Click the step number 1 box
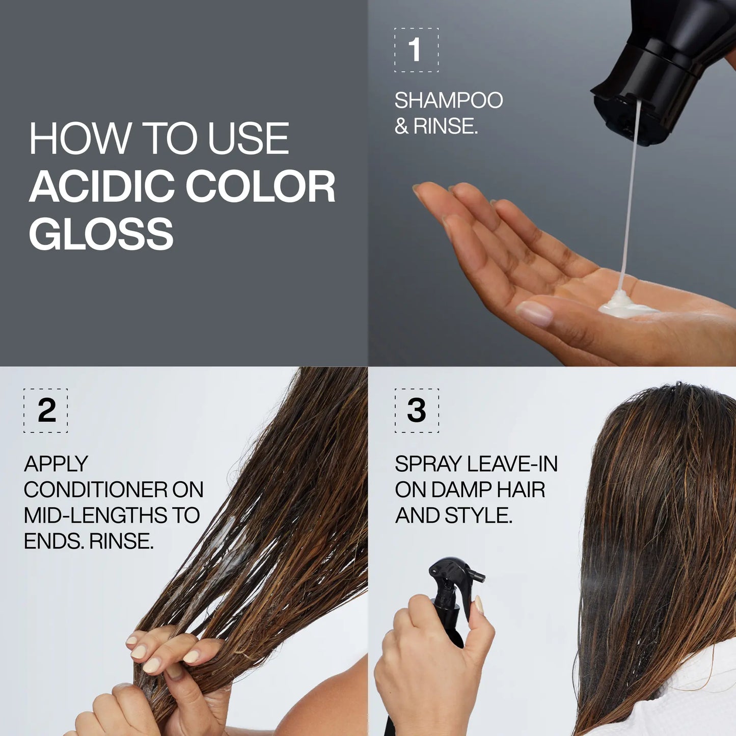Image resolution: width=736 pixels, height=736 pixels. coord(416,50)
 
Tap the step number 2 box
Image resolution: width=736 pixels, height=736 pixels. coord(45,411)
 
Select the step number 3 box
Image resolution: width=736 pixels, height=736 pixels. coord(416,411)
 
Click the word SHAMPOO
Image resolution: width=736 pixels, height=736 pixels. coord(448,100)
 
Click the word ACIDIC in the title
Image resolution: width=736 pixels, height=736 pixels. coord(102,186)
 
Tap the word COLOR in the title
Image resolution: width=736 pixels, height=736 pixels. coord(260,186)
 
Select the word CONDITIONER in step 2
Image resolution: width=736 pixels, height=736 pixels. coord(96,490)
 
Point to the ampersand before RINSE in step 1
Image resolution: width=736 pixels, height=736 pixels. coord(401,126)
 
